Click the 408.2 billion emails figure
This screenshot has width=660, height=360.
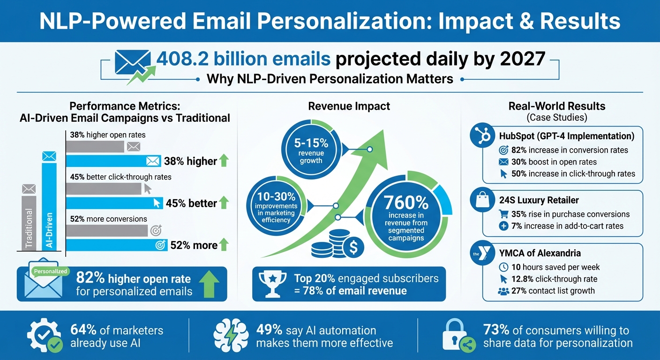[x=244, y=59]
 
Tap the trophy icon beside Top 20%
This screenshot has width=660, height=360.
[x=273, y=284]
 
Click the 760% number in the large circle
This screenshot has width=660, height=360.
[x=406, y=202]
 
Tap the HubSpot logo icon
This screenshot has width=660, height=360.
[x=482, y=136]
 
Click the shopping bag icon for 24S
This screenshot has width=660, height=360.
[x=482, y=201]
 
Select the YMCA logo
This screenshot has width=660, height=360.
[x=482, y=254]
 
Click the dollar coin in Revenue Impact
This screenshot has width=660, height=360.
[x=353, y=247]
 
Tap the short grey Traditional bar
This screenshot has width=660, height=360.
[x=29, y=222]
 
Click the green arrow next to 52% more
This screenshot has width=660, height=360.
[x=224, y=245]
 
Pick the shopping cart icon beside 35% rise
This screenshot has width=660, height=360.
[x=504, y=214]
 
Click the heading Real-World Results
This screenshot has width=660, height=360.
[x=557, y=106]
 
